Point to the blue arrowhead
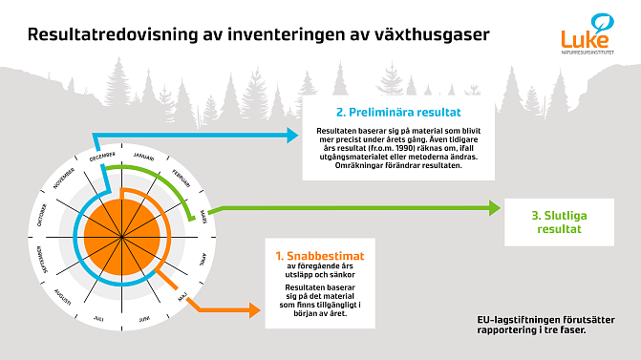pyautogui.click(x=295, y=136)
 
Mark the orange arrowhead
pyautogui.click(x=256, y=307)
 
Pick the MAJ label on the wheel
pyautogui.click(x=184, y=297)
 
